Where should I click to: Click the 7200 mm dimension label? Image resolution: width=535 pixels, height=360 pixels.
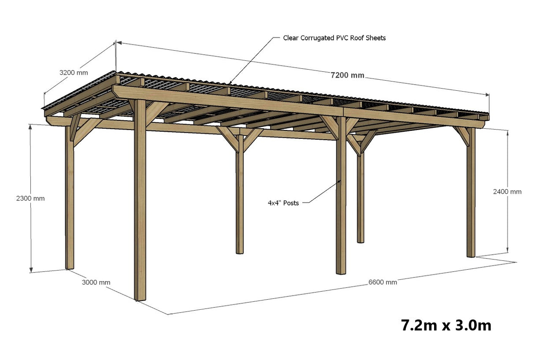(347, 75)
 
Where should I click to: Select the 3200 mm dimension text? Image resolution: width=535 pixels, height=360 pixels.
(74, 72)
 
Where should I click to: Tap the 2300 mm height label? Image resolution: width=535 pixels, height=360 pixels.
(30, 198)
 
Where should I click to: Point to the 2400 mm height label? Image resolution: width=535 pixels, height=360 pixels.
(507, 192)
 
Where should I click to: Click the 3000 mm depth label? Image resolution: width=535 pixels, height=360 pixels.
(96, 282)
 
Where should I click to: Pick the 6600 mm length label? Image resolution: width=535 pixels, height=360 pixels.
(383, 282)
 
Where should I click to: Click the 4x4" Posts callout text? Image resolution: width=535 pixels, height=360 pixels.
(283, 203)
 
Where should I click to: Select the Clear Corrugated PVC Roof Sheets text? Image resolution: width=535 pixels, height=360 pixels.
(334, 38)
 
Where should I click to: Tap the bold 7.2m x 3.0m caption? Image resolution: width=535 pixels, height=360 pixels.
(446, 326)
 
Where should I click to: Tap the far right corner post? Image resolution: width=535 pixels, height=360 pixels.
(471, 194)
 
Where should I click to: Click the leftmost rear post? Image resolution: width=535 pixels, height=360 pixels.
(70, 198)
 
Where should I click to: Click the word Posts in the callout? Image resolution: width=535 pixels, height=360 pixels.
(291, 203)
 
